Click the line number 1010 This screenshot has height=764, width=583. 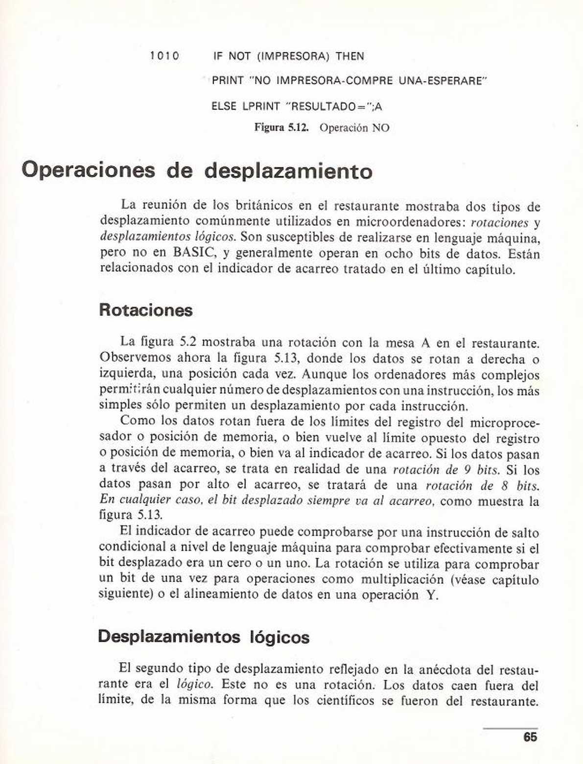(x=165, y=56)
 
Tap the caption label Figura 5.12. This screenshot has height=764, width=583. (x=281, y=128)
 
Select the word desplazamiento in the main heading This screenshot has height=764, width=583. (x=288, y=171)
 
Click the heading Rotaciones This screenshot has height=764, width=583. (x=146, y=310)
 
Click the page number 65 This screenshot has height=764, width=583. (x=530, y=737)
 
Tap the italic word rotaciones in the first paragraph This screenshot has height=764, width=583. (x=499, y=222)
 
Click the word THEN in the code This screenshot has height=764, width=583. (x=350, y=56)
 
